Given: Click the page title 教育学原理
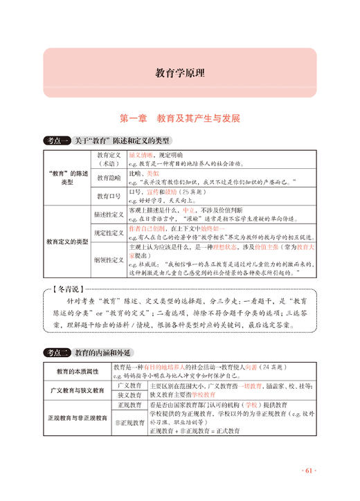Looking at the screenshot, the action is click(179, 72).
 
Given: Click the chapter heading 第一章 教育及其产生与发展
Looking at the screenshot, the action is click(179, 118).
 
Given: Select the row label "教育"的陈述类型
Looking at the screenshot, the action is click(67, 176).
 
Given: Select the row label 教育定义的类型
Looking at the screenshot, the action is click(67, 242).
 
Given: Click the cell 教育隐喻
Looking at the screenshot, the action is click(109, 177).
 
